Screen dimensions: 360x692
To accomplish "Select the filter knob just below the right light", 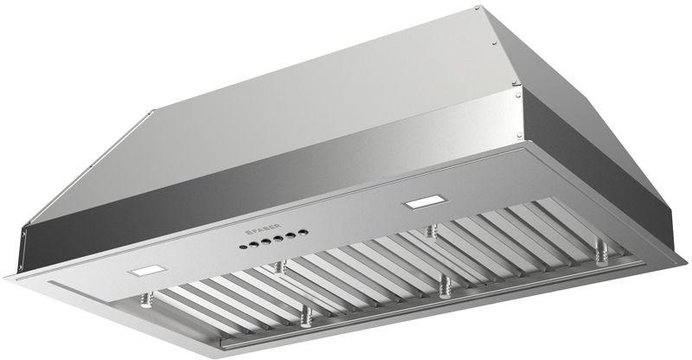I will (x=430, y=230).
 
